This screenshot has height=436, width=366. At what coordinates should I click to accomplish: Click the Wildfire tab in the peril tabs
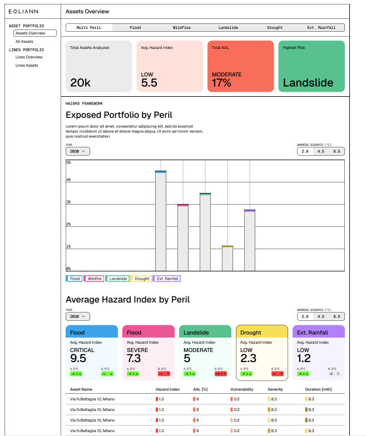pos(182,27)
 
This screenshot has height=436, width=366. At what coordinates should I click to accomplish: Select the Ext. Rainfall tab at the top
pos(322,27)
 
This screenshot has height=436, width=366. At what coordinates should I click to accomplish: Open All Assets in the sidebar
pos(24,42)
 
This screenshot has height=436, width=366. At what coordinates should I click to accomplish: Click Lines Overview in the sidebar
pos(29,57)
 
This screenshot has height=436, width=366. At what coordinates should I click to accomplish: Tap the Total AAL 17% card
pos(240,66)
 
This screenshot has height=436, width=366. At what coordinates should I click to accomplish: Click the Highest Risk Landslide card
pos(311,66)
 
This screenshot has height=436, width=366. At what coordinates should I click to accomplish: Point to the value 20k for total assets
pos(80,83)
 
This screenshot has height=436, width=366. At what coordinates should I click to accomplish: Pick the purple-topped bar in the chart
pos(250,240)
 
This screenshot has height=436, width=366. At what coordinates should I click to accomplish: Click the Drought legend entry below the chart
pos(142,279)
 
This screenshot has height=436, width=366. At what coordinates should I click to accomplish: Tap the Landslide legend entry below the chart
pos(118,279)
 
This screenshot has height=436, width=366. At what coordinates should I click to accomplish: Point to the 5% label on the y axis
pos(68,162)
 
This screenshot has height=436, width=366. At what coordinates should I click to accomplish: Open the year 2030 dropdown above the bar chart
pos(77,151)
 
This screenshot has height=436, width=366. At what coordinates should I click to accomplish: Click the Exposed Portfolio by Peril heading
pos(119,115)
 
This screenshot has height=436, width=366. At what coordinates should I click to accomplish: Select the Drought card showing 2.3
pos(261,353)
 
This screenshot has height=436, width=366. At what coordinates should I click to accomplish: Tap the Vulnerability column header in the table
pos(242,389)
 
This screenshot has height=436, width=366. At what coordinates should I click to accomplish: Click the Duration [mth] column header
pos(319,389)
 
